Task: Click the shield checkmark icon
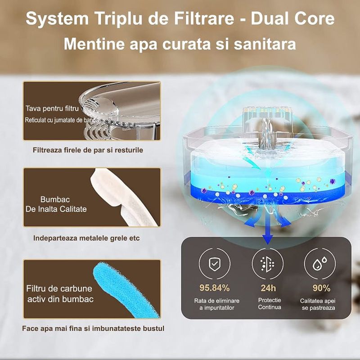(x=214, y=264)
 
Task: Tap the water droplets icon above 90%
(x=319, y=264)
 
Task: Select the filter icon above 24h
(x=267, y=264)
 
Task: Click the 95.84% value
(x=214, y=288)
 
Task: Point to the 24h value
(x=268, y=288)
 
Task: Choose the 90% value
(x=321, y=288)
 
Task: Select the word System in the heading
(x=57, y=19)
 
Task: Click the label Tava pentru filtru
(x=52, y=108)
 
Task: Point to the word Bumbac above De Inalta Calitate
(x=55, y=199)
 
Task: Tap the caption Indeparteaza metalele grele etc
(x=86, y=238)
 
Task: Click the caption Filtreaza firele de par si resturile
(x=88, y=150)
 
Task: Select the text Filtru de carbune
(x=59, y=288)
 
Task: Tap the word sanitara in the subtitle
(x=265, y=44)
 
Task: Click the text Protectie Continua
(x=269, y=303)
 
